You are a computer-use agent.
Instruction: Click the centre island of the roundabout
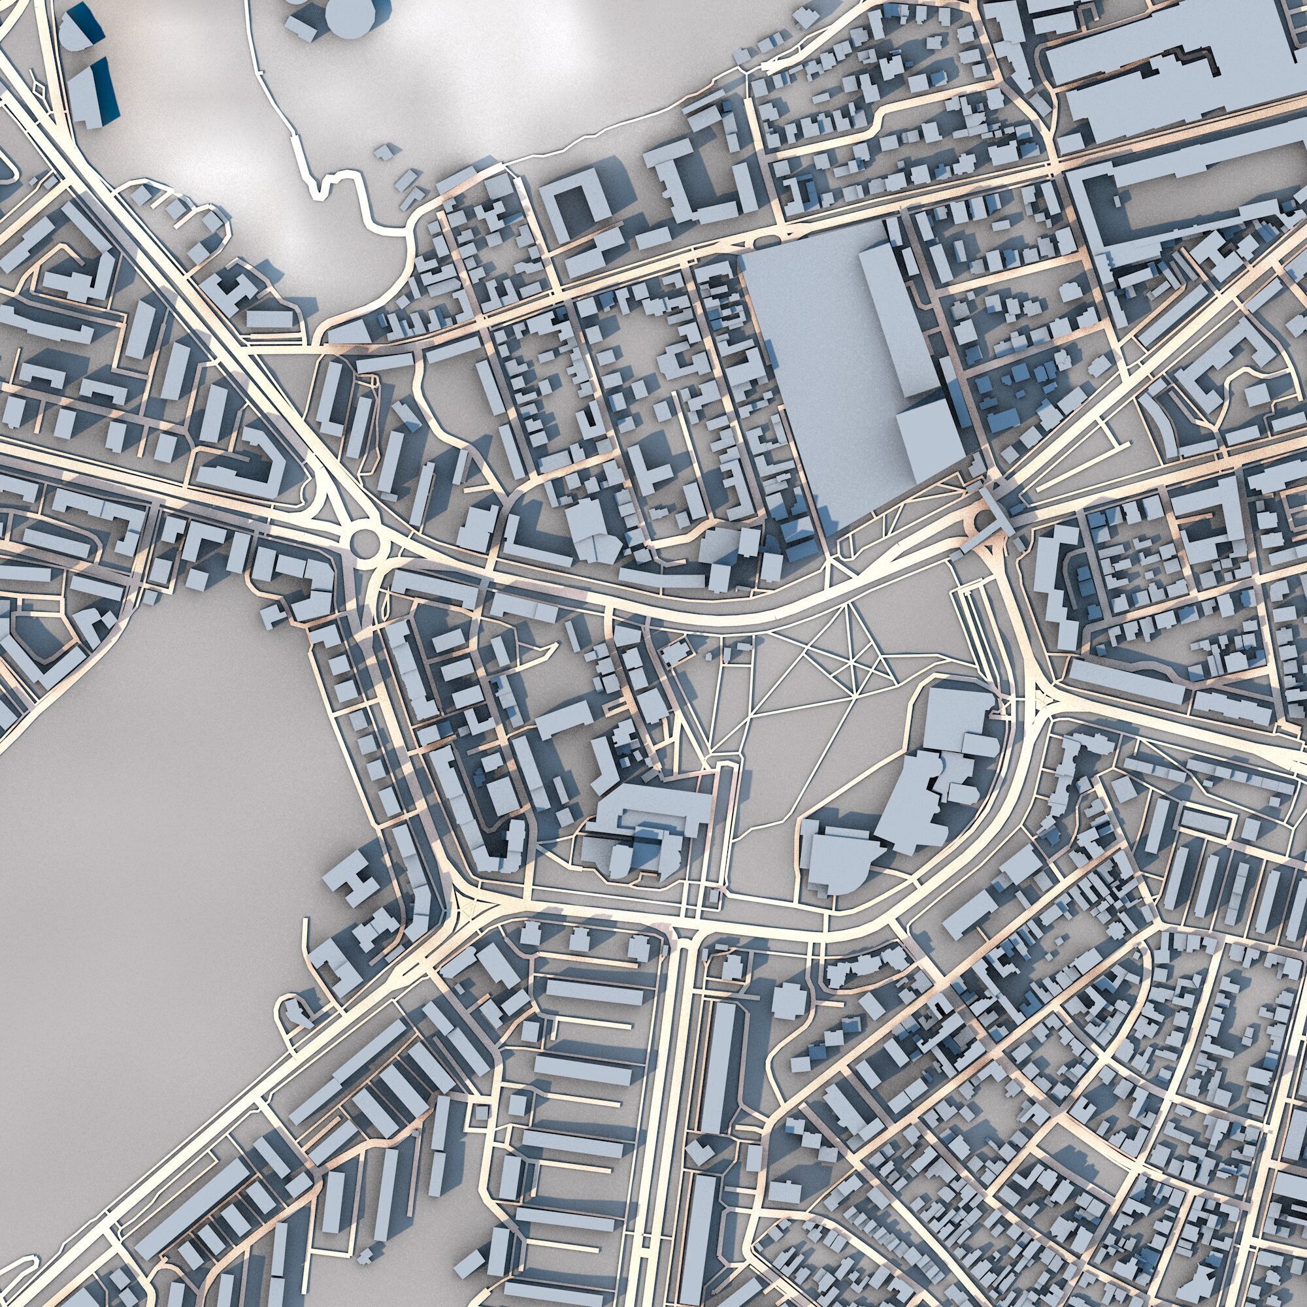[x=365, y=541]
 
